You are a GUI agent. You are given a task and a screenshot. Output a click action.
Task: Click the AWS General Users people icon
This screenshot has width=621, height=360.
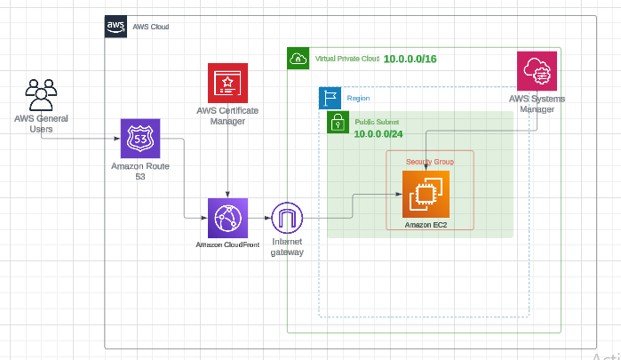41,94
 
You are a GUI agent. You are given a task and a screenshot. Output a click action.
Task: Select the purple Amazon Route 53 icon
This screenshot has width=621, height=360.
140,139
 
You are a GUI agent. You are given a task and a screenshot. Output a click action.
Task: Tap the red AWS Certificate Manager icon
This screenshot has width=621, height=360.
227,83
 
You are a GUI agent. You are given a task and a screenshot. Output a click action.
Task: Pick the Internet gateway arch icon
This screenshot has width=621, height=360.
287,218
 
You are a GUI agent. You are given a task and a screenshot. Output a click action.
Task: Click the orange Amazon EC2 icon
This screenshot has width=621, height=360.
426,194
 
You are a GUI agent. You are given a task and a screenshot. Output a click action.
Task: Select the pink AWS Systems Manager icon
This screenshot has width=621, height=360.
537,71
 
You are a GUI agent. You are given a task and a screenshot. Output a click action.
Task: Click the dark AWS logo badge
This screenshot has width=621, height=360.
115,27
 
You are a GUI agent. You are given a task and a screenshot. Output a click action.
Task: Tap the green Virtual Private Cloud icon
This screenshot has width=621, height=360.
299,59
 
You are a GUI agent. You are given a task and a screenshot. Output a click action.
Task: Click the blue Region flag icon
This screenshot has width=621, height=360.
330,98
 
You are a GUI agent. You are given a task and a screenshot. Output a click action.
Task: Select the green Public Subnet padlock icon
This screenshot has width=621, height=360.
338,122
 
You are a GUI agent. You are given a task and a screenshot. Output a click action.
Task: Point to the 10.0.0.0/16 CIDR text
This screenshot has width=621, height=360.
410,59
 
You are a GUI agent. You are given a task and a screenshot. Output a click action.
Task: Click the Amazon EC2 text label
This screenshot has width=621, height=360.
426,225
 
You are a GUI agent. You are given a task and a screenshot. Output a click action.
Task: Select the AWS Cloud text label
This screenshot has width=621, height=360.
150,28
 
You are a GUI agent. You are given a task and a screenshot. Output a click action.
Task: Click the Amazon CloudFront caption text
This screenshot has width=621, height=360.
227,244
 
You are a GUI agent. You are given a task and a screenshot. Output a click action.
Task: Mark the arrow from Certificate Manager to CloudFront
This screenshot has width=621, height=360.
228,160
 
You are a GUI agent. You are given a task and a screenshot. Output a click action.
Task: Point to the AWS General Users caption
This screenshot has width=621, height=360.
41,124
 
